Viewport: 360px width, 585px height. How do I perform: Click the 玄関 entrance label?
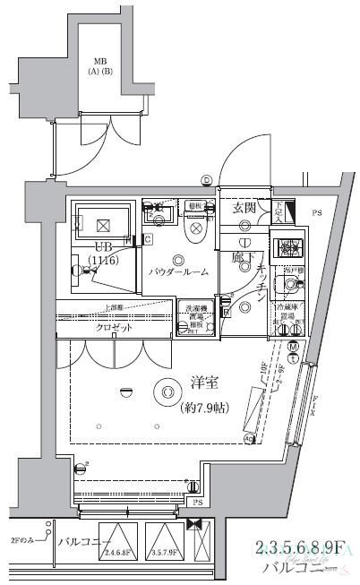[x=244, y=208]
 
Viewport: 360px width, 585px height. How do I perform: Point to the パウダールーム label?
[x=179, y=271]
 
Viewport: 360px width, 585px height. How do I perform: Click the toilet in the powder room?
[x=194, y=230]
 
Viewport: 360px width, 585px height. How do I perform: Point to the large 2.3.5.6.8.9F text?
[x=299, y=548]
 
